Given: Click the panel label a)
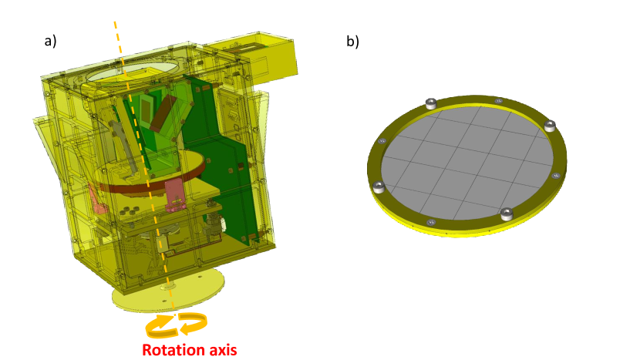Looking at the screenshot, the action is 50,41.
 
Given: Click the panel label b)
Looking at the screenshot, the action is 352,41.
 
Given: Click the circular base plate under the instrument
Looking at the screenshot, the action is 168,290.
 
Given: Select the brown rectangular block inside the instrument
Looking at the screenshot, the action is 162,113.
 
